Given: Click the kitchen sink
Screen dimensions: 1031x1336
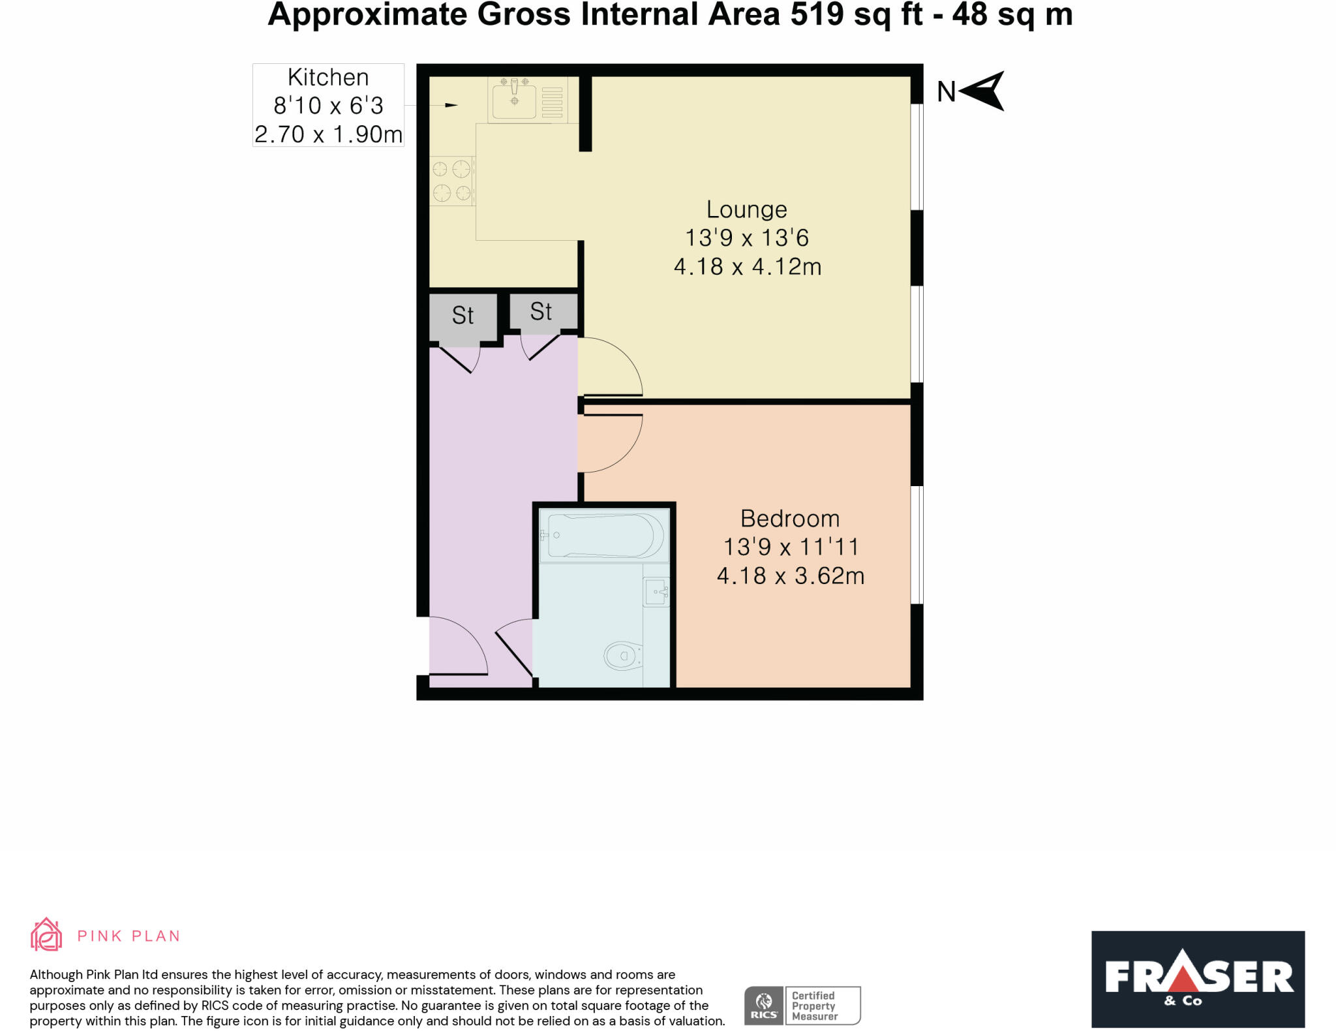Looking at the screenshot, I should coord(514,100).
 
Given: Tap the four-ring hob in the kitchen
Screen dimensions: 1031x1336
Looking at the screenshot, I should coord(451,181).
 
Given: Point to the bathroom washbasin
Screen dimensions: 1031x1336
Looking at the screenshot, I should coord(656,592).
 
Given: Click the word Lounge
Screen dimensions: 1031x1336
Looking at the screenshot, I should coord(746,209).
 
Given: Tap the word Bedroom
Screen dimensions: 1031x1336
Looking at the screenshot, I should coord(789,519).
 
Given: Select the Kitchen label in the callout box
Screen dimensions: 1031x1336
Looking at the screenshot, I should coord(328,78).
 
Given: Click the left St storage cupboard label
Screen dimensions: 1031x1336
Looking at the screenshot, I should coord(463,316).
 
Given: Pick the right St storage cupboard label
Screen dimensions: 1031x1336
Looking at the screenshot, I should coord(541,312).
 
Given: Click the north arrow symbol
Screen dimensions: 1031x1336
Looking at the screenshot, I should coord(984,91).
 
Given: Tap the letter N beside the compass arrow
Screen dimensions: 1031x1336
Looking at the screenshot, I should coord(946,92).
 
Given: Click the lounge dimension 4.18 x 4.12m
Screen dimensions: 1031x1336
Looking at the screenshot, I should coord(747,267).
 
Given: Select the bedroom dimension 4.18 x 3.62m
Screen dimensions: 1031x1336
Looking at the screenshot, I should coord(790,576).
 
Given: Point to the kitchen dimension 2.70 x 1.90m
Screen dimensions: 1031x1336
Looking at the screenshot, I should coord(328,134).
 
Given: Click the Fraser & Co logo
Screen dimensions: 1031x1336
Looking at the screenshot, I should coord(1198,979).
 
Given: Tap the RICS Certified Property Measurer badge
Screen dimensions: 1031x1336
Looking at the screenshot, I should coord(802,1006).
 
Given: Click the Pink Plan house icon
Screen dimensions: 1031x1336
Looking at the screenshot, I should coord(46,934).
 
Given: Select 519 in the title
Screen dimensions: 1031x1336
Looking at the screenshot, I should coord(817,14).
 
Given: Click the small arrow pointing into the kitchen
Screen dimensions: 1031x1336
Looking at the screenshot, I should coord(451,105).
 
